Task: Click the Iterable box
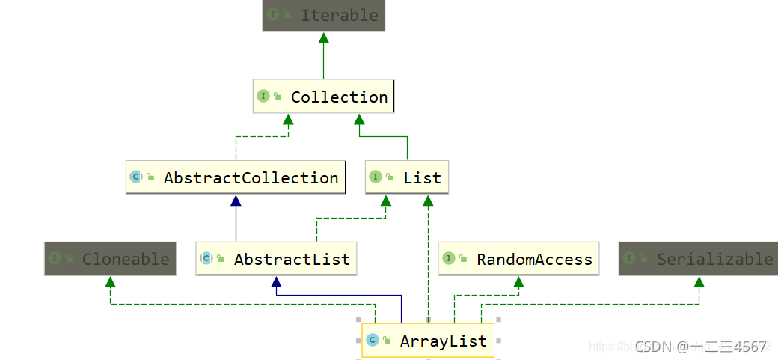click(x=323, y=15)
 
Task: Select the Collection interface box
click(x=323, y=97)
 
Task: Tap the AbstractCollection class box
click(x=236, y=177)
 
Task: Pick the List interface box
click(x=407, y=177)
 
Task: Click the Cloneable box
click(x=110, y=259)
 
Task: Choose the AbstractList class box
click(x=276, y=259)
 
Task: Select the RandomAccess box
click(x=518, y=259)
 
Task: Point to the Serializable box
click(x=699, y=259)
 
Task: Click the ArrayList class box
click(x=428, y=341)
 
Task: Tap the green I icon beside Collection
click(x=263, y=96)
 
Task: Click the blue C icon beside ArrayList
click(x=372, y=341)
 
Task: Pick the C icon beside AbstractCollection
click(x=136, y=177)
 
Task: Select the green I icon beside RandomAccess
click(x=449, y=258)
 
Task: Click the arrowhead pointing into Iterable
click(x=323, y=37)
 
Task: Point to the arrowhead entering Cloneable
click(x=110, y=282)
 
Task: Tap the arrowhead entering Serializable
click(x=699, y=282)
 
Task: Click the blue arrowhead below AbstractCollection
click(x=236, y=201)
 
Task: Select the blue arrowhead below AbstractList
click(x=276, y=282)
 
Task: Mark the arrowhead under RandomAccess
click(x=518, y=282)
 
